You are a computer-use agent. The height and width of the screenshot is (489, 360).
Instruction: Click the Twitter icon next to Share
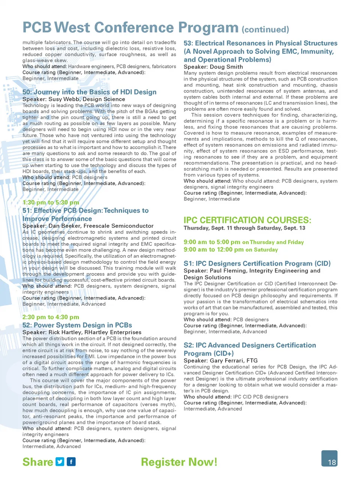click(x=60, y=462)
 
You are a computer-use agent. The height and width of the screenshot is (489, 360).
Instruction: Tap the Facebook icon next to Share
click(x=71, y=462)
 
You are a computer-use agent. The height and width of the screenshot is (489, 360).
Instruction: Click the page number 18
click(x=331, y=462)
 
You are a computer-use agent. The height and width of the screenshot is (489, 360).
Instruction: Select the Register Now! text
click(x=179, y=462)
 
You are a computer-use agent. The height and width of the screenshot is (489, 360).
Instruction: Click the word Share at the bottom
click(x=37, y=462)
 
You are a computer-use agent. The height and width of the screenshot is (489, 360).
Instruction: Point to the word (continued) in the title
click(x=265, y=30)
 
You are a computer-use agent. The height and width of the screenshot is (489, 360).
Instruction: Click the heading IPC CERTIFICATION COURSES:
click(x=247, y=220)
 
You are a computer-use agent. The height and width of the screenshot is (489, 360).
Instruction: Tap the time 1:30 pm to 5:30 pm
click(x=51, y=202)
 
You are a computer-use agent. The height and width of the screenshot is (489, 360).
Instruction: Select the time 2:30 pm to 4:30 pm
click(x=51, y=317)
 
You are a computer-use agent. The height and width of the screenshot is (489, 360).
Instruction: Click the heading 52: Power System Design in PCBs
click(x=77, y=325)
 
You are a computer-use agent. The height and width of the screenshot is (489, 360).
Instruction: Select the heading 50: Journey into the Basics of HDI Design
click(x=89, y=92)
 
